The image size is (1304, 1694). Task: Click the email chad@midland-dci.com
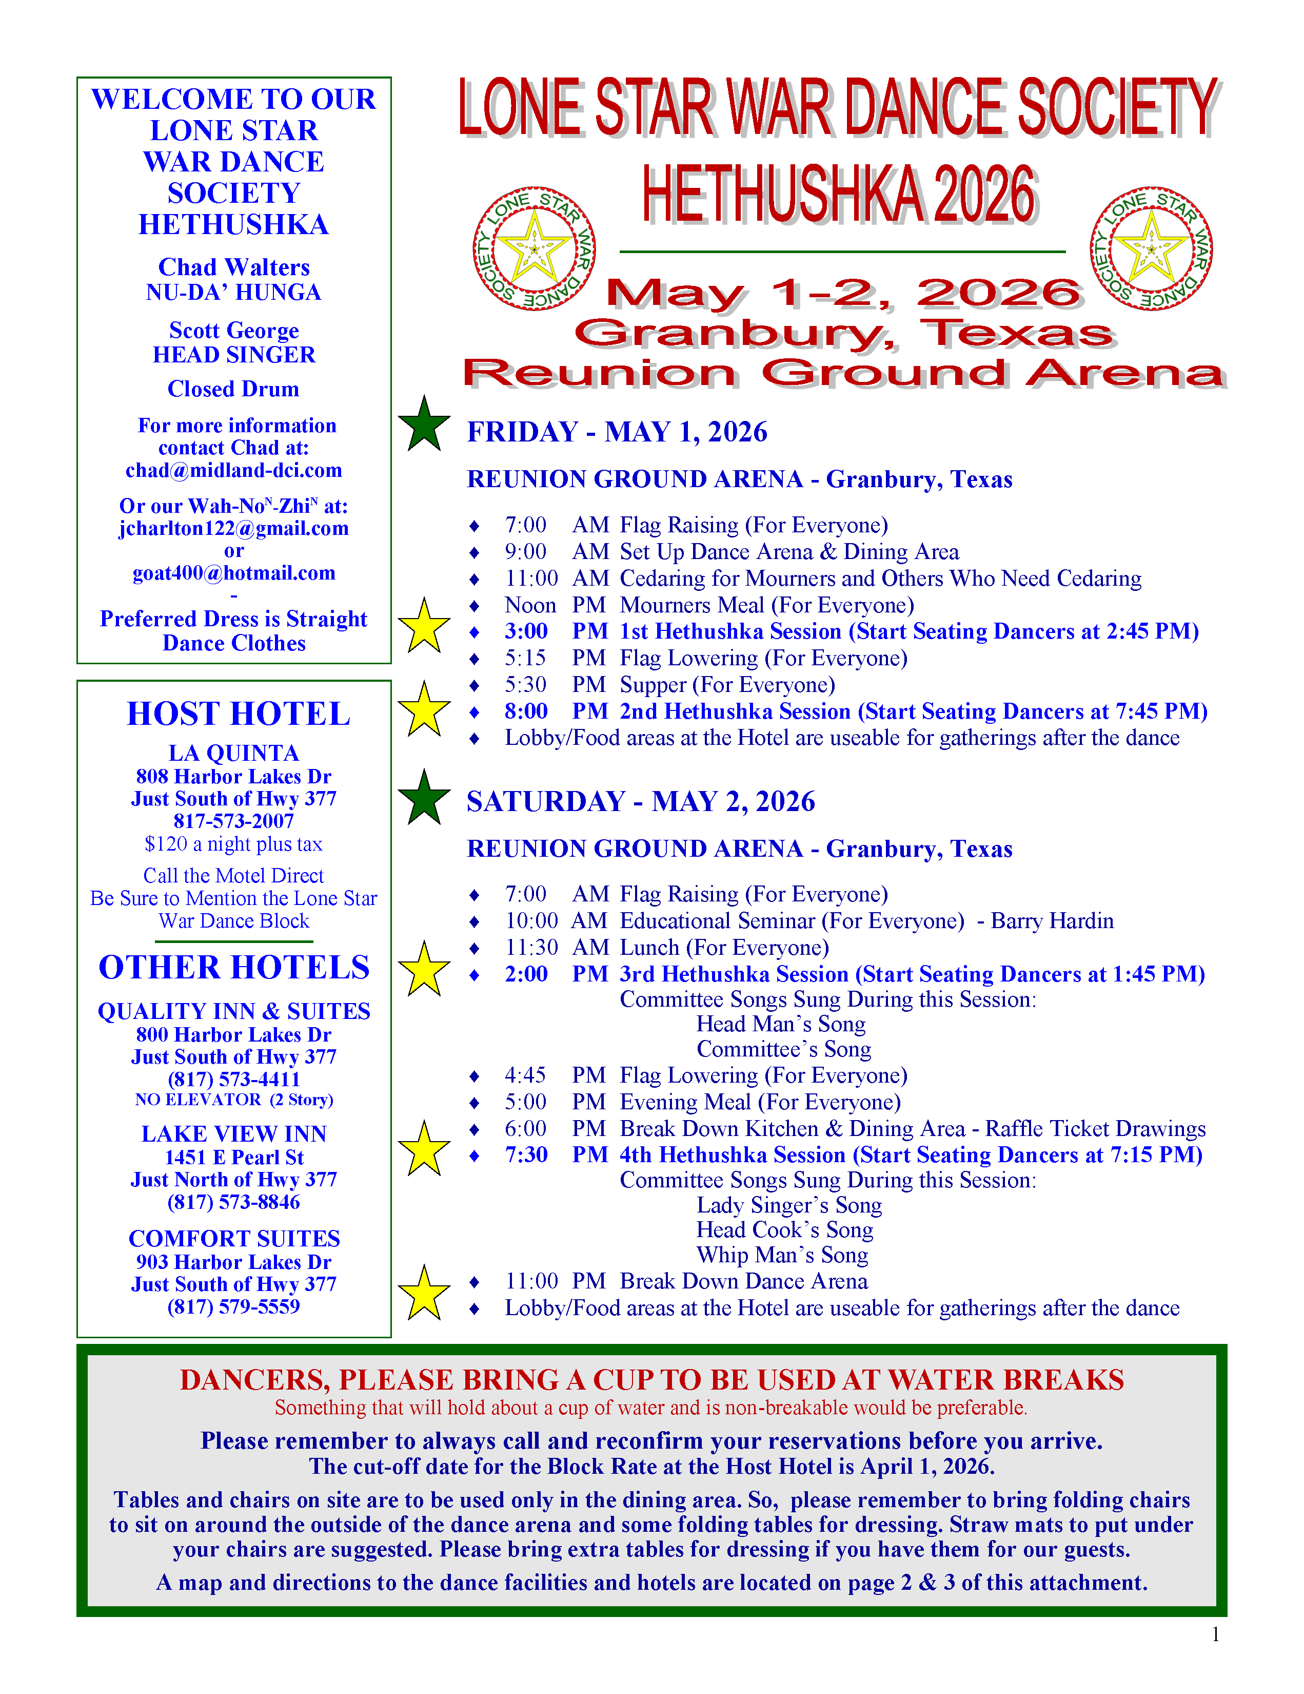[233, 471]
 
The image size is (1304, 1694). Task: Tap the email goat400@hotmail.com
[233, 573]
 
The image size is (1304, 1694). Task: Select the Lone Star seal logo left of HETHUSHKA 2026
[534, 249]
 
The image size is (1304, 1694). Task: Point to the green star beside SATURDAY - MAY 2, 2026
[424, 798]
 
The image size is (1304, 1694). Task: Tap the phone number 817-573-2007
[233, 821]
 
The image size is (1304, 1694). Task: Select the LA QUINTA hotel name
[233, 753]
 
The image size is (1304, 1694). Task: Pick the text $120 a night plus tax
[233, 844]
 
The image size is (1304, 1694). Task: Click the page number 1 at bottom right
[1215, 1634]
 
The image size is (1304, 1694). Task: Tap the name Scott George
[233, 331]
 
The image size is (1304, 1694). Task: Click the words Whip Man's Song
[781, 1255]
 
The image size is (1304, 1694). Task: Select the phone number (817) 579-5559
[233, 1307]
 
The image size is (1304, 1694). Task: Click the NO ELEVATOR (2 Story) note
[233, 1100]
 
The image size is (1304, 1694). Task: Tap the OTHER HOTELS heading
[233, 967]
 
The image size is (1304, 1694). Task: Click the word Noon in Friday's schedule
[530, 605]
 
